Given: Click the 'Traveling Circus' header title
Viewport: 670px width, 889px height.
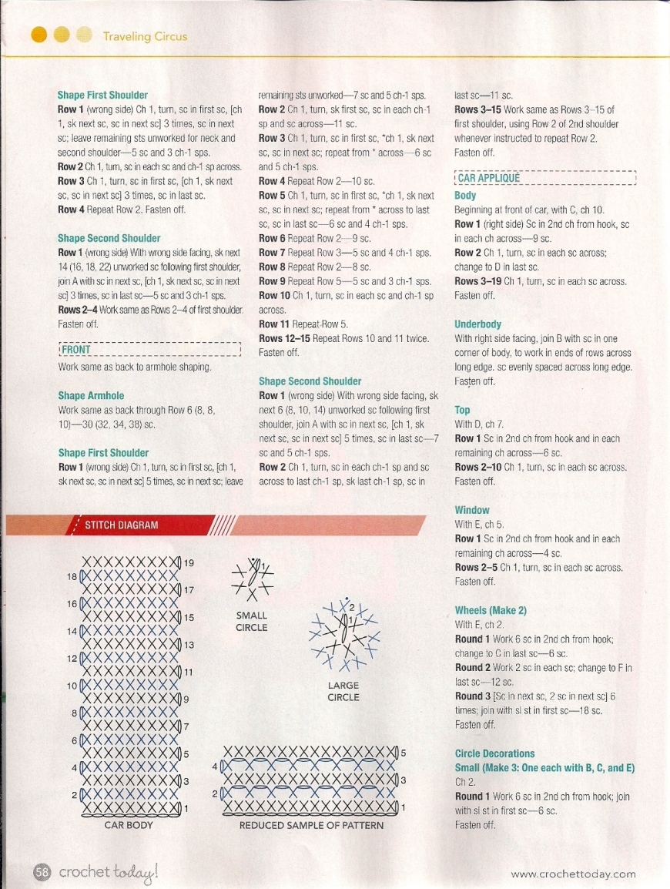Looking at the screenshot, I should tap(145, 36).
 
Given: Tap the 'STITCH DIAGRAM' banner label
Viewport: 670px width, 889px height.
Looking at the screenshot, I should tap(121, 525).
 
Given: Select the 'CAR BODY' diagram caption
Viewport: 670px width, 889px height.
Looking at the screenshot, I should tap(129, 825).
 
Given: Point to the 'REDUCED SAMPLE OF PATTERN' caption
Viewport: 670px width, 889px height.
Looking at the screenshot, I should tap(310, 825).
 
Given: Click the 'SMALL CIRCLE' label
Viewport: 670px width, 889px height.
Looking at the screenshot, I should tap(252, 622).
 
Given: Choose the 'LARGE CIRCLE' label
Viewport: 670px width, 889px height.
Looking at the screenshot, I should tap(343, 692).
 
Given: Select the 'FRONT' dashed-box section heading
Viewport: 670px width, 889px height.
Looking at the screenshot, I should tap(76, 349).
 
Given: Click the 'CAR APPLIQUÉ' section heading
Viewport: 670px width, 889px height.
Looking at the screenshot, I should tap(489, 178).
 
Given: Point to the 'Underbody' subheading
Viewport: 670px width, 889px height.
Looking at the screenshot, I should tap(477, 324).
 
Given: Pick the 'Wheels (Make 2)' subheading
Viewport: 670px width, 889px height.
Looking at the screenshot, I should tap(491, 610).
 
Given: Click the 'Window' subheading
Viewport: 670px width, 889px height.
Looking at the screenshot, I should tap(472, 510).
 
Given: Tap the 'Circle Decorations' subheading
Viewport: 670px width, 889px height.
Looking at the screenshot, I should tap(494, 753).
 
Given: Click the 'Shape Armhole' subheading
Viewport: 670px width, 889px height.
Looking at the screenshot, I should tap(91, 396).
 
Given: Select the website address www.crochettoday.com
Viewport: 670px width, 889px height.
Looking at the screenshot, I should tap(574, 874).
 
